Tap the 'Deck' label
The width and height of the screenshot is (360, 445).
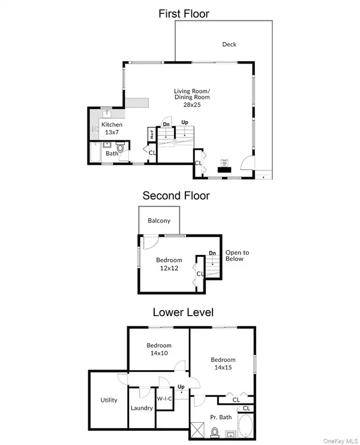point(229,44)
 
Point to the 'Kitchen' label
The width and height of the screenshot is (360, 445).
point(95,125)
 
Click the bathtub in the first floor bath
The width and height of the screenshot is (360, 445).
point(95,154)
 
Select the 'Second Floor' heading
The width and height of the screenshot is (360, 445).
point(176,195)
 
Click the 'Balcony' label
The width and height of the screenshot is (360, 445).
point(159,221)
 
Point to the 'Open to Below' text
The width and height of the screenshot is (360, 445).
point(237,256)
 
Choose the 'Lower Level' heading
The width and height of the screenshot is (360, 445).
point(183,312)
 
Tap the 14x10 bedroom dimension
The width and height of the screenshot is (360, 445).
point(159,354)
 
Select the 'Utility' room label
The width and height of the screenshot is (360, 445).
point(109,400)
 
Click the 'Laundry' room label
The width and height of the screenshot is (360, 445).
point(142,408)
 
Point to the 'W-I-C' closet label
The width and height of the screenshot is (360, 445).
point(164,398)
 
